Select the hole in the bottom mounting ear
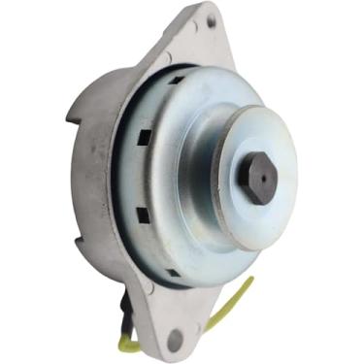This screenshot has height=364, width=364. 175,340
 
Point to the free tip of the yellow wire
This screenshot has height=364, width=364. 253,281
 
